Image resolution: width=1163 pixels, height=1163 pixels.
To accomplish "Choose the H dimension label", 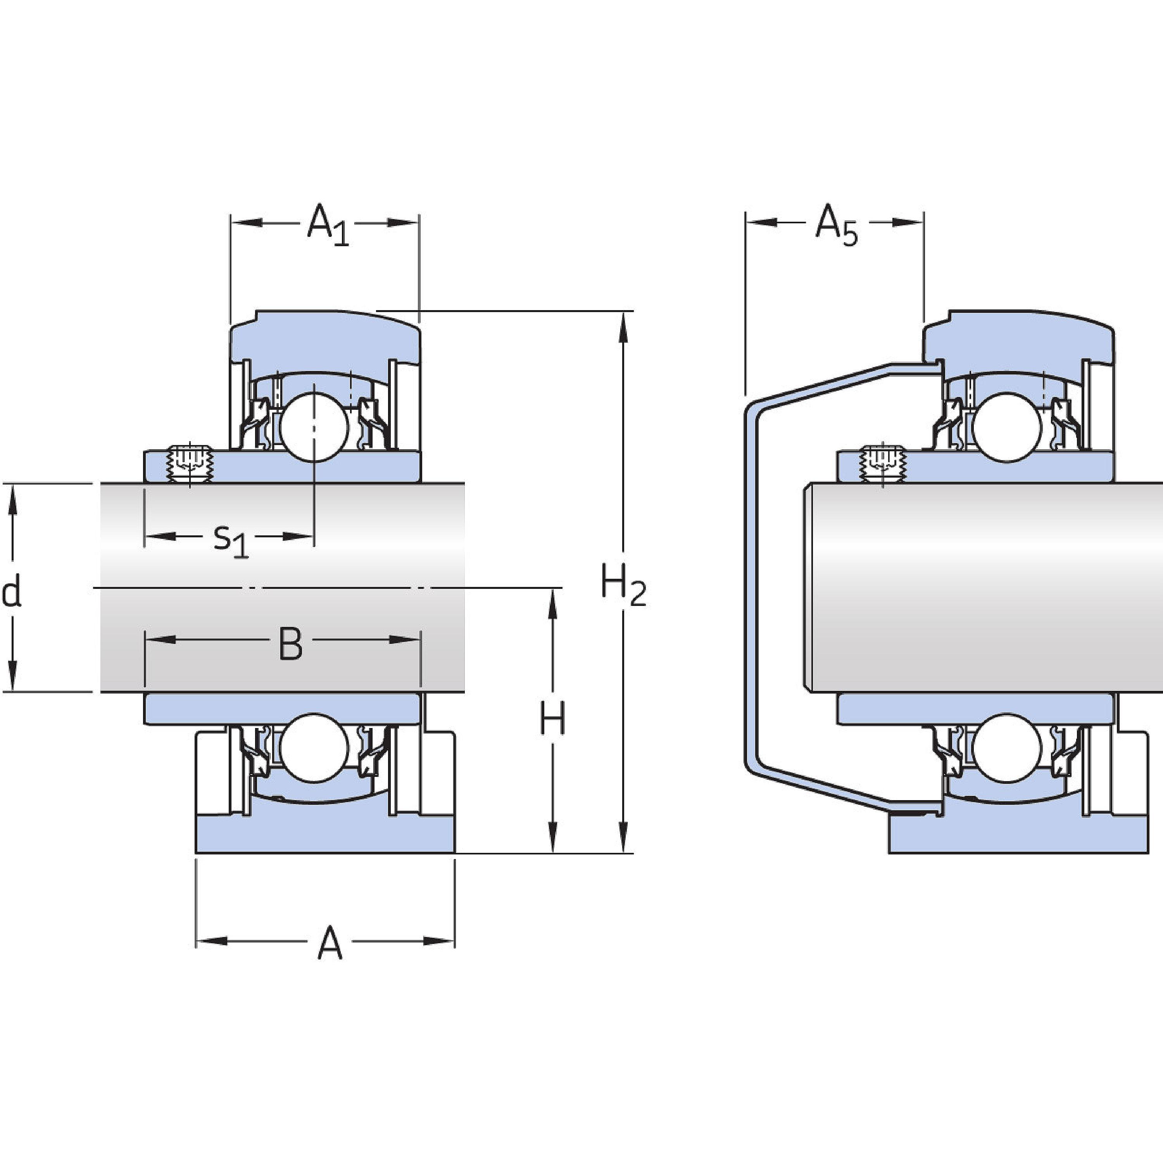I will pyautogui.click(x=551, y=720).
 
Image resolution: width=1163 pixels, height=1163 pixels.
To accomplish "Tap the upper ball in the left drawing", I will pyautogui.click(x=313, y=426).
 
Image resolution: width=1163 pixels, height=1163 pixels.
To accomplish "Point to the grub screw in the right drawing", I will pyautogui.click(x=882, y=464).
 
